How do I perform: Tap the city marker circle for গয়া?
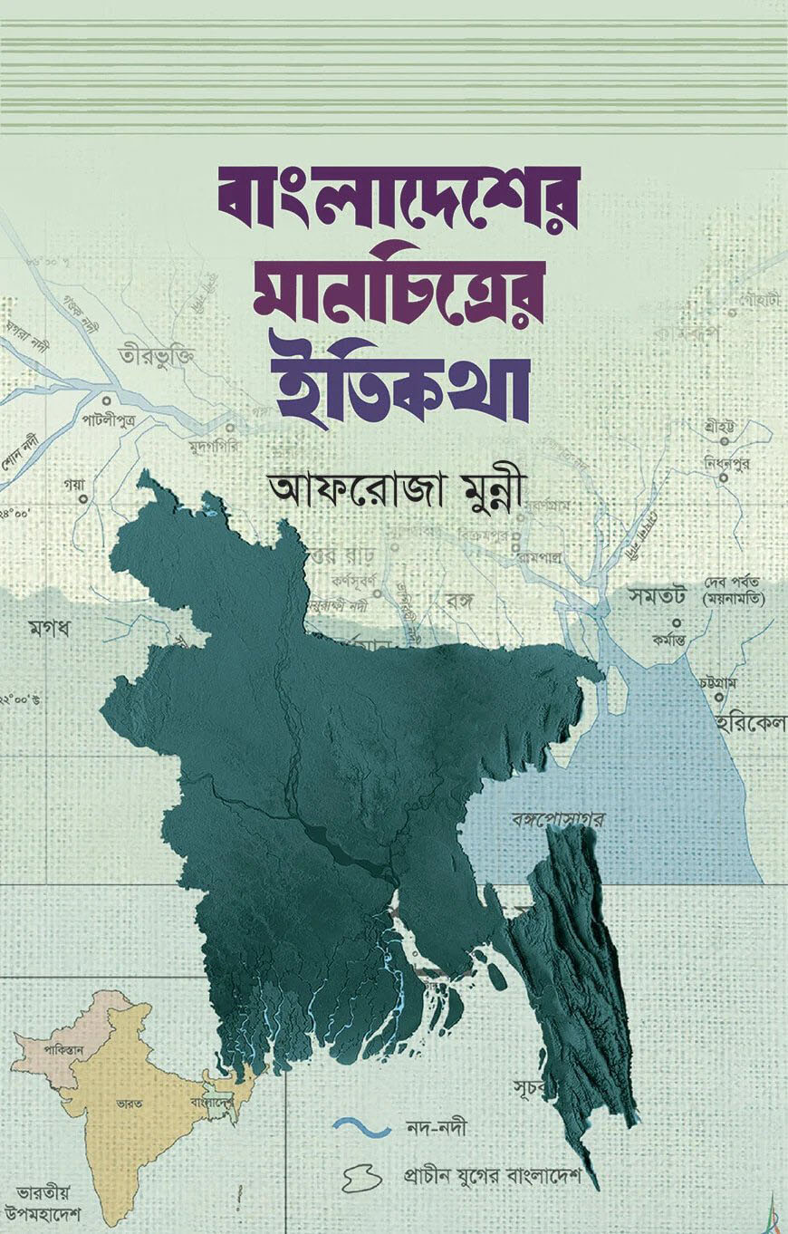click(x=82, y=498)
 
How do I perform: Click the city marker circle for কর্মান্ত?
click(x=677, y=623)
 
